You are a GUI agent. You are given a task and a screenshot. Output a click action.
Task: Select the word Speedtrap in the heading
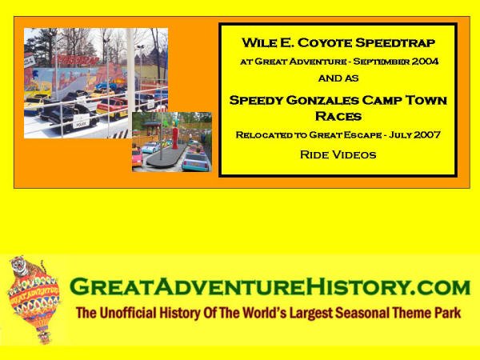click(x=395, y=43)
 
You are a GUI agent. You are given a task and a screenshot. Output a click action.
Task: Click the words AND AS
click(x=338, y=78)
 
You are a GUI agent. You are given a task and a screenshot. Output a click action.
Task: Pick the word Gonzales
click(x=322, y=101)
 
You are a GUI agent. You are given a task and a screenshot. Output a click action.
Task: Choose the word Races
click(x=338, y=116)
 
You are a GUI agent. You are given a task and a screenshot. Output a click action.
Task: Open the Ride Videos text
click(x=338, y=154)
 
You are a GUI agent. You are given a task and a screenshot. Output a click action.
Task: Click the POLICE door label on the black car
click(x=81, y=124)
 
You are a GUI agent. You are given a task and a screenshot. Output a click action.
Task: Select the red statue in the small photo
click(x=175, y=134)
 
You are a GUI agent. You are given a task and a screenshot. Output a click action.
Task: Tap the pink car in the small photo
click(x=137, y=158)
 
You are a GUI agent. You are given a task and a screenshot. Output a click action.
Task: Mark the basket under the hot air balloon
click(x=44, y=337)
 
